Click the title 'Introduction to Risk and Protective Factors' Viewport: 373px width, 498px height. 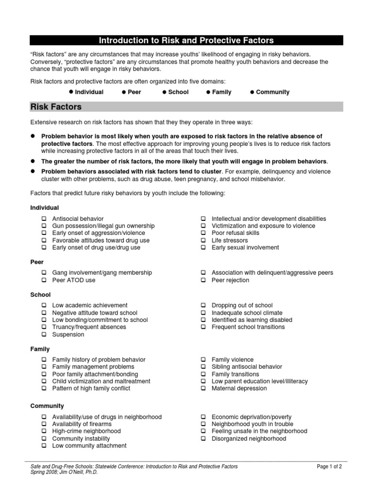click(186, 40)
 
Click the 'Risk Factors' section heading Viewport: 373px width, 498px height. click(56, 107)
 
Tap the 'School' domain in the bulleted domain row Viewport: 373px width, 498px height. click(178, 92)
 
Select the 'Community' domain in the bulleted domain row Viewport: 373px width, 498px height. click(272, 92)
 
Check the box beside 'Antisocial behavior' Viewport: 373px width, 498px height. click(44, 219)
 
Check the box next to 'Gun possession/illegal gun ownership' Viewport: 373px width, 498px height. click(44, 226)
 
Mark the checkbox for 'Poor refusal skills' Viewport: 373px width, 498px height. click(203, 233)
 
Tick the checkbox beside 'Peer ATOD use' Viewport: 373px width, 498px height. click(44, 281)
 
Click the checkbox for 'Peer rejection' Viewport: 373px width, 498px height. click(203, 281)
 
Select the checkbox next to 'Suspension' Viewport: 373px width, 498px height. click(44, 335)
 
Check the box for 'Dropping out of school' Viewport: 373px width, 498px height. click(203, 305)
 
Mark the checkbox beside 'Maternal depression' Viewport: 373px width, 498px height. click(203, 389)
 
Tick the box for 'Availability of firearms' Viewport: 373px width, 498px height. click(44, 424)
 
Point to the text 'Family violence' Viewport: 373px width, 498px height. click(233, 360)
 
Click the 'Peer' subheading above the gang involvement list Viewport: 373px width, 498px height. click(37, 262)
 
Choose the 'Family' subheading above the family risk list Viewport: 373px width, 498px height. click(40, 349)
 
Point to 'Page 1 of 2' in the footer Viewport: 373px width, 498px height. click(329, 466)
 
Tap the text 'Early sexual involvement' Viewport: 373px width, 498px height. click(245, 248)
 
